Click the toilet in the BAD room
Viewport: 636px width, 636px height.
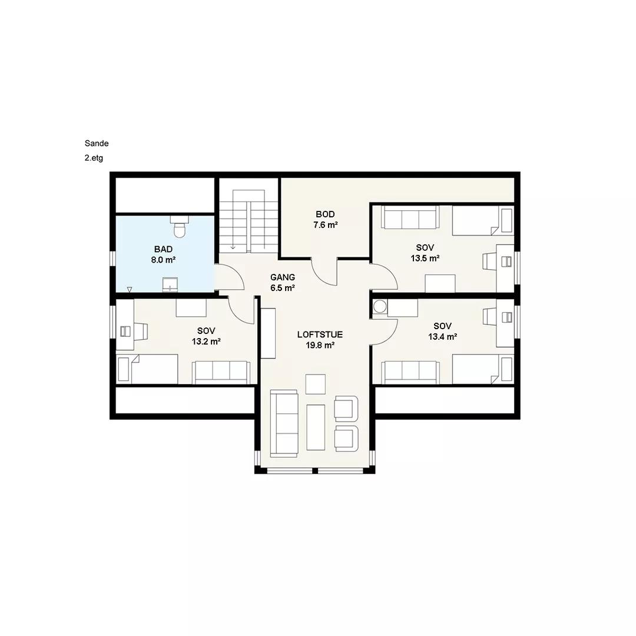179,226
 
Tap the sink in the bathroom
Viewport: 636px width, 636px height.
170,284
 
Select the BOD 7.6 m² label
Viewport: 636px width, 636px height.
325,220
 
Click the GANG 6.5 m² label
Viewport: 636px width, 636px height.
283,283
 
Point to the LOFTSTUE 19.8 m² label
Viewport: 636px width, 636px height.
320,340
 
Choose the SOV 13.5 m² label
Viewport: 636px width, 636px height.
425,253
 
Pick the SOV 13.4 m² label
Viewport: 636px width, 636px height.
442,331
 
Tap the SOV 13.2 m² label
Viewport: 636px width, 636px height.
206,336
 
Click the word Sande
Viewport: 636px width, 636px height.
97,143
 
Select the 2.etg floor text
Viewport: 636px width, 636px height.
94,158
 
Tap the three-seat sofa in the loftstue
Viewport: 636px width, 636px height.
284,423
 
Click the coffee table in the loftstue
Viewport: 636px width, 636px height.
316,427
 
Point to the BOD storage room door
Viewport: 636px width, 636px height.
324,271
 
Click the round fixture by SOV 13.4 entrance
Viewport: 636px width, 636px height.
380,307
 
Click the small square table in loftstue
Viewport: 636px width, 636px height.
316,384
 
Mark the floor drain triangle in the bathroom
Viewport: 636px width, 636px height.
130,289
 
